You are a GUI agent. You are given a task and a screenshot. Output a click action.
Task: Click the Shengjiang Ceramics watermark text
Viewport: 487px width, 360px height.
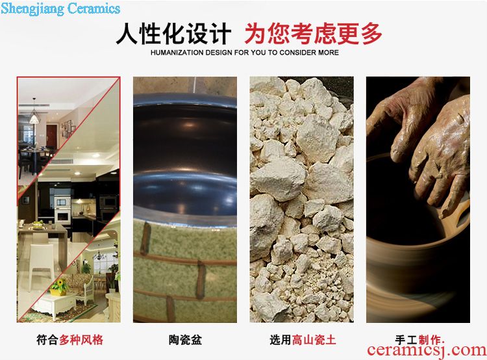[x=60, y=8]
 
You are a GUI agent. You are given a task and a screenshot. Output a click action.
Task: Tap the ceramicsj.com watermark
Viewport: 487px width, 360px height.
[x=427, y=350]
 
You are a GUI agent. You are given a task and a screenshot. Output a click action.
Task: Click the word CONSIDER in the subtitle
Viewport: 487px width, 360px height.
[x=293, y=53]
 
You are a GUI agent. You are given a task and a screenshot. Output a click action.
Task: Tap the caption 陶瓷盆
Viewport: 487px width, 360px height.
[x=185, y=339]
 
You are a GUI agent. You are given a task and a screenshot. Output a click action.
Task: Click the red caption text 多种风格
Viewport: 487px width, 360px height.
[x=81, y=339]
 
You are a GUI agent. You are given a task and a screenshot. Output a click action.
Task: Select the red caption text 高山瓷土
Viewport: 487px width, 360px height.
[x=314, y=339]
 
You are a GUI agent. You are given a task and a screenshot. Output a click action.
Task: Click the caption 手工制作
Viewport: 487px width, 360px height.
[x=419, y=339]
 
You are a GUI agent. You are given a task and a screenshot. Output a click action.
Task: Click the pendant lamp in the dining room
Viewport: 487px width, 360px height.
[x=34, y=116]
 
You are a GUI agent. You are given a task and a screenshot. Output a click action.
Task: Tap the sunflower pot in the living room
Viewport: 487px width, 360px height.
[x=59, y=287]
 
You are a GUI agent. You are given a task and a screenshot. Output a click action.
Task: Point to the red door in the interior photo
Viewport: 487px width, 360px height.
[x=51, y=136]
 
